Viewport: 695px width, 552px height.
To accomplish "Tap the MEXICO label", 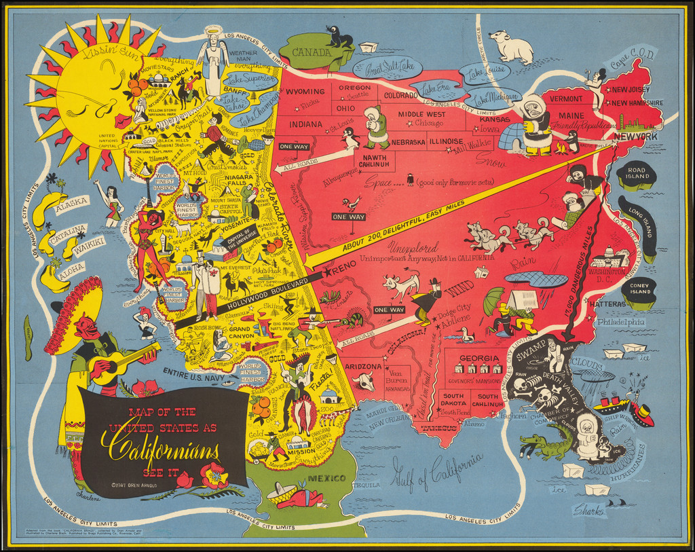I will [325, 478].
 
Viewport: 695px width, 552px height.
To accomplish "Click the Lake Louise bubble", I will [485, 71].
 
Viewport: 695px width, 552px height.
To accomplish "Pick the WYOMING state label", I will [306, 92].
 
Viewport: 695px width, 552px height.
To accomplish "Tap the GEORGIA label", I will [474, 358].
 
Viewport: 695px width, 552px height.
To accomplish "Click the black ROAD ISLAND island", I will [636, 174].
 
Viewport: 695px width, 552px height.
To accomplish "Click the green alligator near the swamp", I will [547, 447].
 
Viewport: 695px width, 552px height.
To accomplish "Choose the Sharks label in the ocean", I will [589, 509].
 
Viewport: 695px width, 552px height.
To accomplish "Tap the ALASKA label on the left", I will [71, 202].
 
